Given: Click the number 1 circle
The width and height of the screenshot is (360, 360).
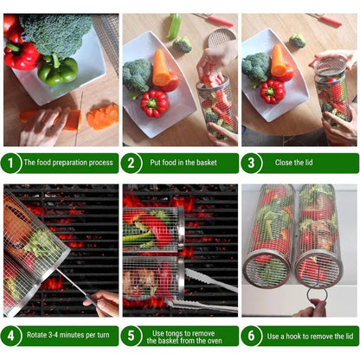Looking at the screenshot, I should click(x=11, y=163).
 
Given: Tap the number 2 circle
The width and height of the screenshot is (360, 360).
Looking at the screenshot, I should click(x=132, y=163).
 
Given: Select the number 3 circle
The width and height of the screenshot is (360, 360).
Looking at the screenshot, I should click(x=251, y=163).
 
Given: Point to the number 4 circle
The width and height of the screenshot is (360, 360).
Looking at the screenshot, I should click(x=11, y=335).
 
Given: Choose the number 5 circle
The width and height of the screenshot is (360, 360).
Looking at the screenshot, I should click(x=132, y=335).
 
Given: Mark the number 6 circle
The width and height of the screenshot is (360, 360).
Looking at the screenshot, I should click(x=251, y=335).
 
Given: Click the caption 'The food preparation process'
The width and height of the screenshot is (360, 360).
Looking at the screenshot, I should click(x=68, y=163).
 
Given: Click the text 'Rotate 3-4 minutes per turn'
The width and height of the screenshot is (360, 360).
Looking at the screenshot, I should click(x=68, y=335).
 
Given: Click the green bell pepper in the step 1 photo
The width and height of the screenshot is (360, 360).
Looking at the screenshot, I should click(x=58, y=69).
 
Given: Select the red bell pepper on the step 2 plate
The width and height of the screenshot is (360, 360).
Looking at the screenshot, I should click(x=155, y=103).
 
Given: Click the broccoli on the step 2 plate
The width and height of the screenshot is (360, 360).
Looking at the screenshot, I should click(x=137, y=75).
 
